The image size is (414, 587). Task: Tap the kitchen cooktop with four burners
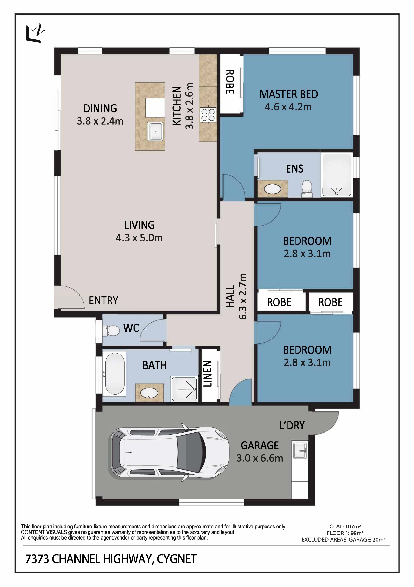[x=208, y=115]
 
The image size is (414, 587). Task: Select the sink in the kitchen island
[x=155, y=131]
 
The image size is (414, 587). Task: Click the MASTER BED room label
[x=289, y=94]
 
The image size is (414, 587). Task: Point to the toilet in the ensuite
[x=307, y=188]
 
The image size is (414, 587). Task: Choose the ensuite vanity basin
[x=273, y=189]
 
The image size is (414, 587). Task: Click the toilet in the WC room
[x=111, y=331]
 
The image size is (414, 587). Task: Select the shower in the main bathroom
[x=184, y=389]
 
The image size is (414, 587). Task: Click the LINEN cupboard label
[x=207, y=374]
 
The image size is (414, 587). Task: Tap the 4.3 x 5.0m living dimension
[x=139, y=238]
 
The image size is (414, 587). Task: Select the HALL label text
[x=230, y=296]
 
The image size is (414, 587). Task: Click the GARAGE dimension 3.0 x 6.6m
[x=260, y=458]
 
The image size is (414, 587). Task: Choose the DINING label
[x=100, y=108]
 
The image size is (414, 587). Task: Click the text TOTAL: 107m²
[x=343, y=527]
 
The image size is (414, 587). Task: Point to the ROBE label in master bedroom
[x=230, y=82]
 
